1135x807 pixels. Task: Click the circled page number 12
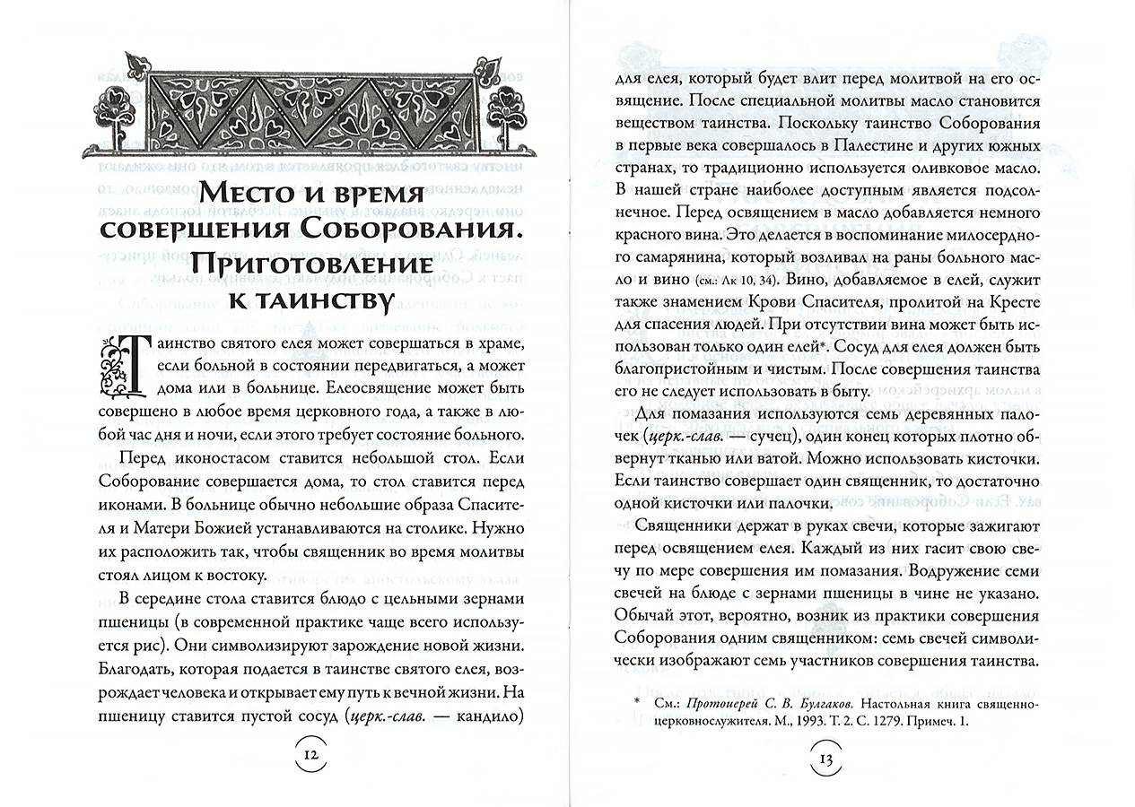(x=310, y=754)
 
